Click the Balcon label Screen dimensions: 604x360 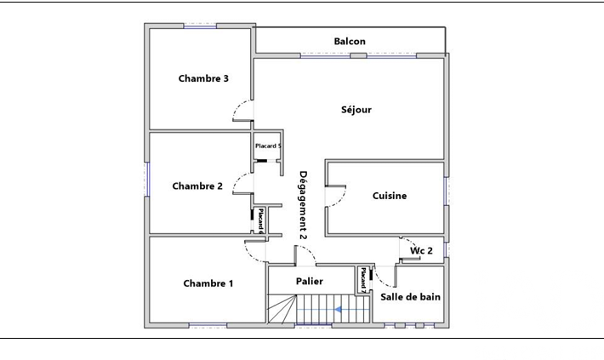(x=350, y=41)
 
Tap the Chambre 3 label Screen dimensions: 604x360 (x=203, y=78)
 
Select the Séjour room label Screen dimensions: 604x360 (x=356, y=110)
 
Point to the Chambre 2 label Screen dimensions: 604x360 (x=197, y=186)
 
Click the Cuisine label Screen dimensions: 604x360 (x=390, y=196)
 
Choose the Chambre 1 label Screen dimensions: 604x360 (x=208, y=283)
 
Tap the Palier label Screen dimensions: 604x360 (x=310, y=282)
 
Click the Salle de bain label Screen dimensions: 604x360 (x=410, y=297)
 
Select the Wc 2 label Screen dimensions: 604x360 (x=421, y=250)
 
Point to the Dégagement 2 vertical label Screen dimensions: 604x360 (x=303, y=205)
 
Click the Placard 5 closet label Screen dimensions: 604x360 (x=268, y=146)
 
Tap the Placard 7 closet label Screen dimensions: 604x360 (x=363, y=280)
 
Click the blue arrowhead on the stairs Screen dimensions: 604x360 (x=339, y=309)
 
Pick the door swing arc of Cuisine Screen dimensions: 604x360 (x=340, y=198)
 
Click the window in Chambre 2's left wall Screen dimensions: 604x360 (x=147, y=180)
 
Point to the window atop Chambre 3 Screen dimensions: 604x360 (x=200, y=26)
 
